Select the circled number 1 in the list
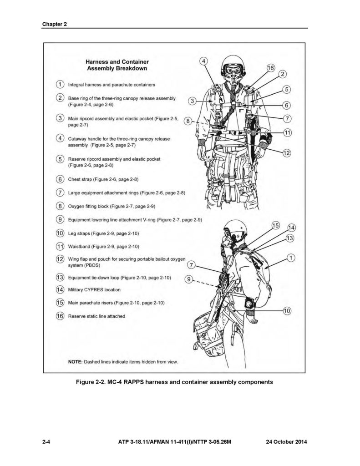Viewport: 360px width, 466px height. click(x=60, y=85)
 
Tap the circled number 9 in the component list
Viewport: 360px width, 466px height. click(x=60, y=220)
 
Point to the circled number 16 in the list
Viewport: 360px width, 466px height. click(x=60, y=316)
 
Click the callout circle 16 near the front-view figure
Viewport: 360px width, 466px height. click(x=270, y=68)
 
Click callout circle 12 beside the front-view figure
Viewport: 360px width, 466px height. click(x=287, y=153)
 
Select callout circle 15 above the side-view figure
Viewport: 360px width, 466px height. click(x=275, y=225)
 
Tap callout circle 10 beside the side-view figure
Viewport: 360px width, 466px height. click(x=287, y=311)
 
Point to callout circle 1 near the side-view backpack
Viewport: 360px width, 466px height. click(x=290, y=258)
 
